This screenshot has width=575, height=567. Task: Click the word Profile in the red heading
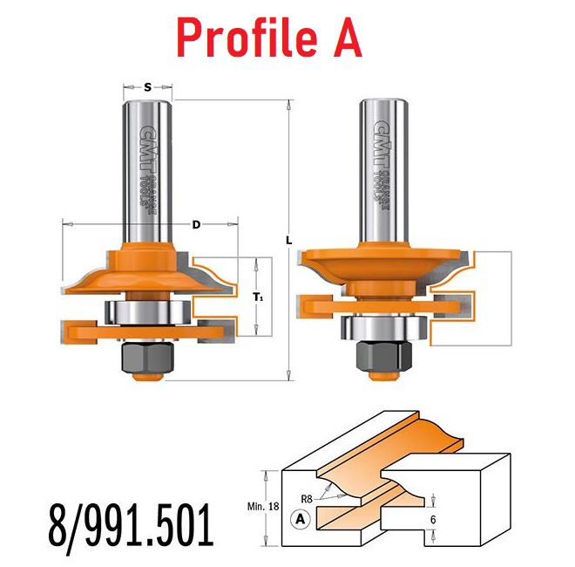pos(247,38)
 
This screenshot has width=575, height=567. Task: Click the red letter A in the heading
pos(348,38)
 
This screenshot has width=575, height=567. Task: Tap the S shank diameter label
pos(147,87)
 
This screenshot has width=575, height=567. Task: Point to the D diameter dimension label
pos(197,224)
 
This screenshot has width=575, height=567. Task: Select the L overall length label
pos(289,241)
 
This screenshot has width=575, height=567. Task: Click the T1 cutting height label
pos(258,297)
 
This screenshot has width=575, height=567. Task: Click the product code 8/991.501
pos(131,525)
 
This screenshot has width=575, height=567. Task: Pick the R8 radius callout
pos(307,499)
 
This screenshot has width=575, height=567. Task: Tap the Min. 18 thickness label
pos(263,507)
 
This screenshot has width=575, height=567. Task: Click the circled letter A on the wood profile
pos(301,519)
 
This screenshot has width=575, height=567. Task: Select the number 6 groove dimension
pos(433,520)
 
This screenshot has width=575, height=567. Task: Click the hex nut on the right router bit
pos(384,356)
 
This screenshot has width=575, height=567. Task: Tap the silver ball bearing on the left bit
pos(147,312)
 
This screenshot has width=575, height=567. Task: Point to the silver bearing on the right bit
pos(384,328)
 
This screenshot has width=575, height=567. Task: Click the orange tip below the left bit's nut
pos(148,376)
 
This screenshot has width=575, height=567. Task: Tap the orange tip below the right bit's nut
pos(383,375)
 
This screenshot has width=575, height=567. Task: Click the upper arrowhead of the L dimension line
pos(289,104)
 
